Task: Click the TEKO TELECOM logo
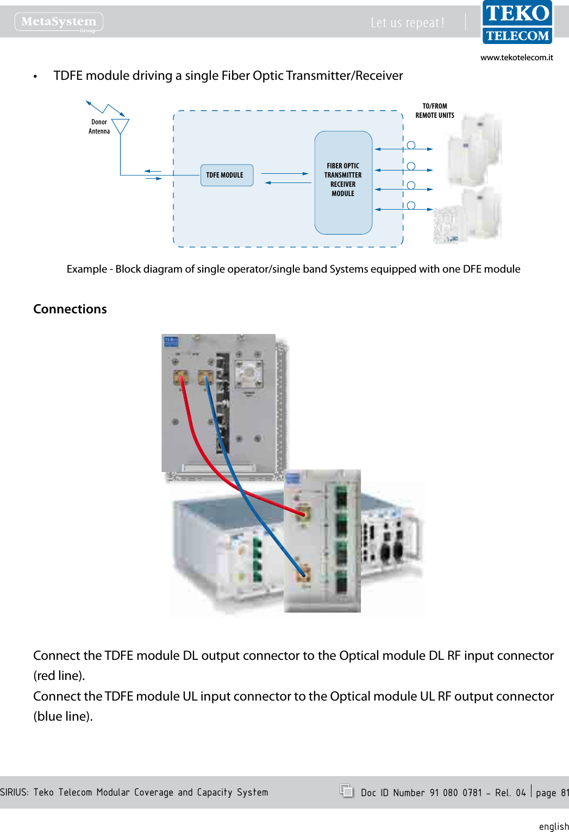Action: (x=517, y=23)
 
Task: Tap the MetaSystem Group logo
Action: (x=59, y=22)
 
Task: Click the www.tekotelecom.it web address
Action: (x=516, y=58)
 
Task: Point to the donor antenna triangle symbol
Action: (x=120, y=125)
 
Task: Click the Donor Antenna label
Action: (x=99, y=127)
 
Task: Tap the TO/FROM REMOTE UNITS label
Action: (x=434, y=111)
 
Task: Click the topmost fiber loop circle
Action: (x=411, y=145)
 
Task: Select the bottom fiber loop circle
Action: (x=411, y=205)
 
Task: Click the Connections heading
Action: (x=70, y=309)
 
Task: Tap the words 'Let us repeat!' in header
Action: (x=407, y=23)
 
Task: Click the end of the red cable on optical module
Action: (x=303, y=513)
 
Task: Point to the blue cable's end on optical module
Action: (x=302, y=573)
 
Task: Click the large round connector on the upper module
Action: (x=248, y=373)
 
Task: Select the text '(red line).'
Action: (x=59, y=676)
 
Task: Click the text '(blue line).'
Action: (x=63, y=716)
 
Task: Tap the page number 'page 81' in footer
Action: (x=552, y=793)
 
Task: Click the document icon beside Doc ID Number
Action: (x=346, y=791)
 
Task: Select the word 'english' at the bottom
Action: (x=553, y=826)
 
